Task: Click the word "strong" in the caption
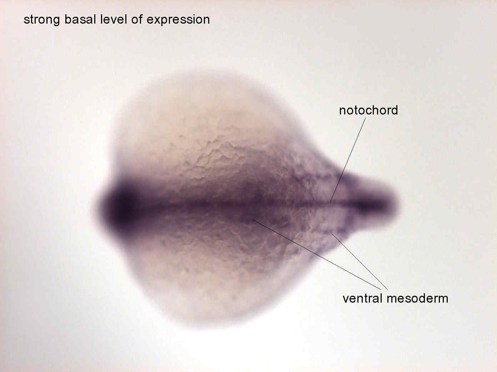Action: (42, 20)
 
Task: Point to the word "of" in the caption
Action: (136, 19)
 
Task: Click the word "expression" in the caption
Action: (178, 20)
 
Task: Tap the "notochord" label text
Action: (368, 110)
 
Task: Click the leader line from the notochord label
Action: (348, 160)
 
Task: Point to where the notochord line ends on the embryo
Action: (330, 202)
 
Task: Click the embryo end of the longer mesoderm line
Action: (253, 220)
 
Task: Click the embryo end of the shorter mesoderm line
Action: (332, 234)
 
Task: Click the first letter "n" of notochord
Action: (342, 112)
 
